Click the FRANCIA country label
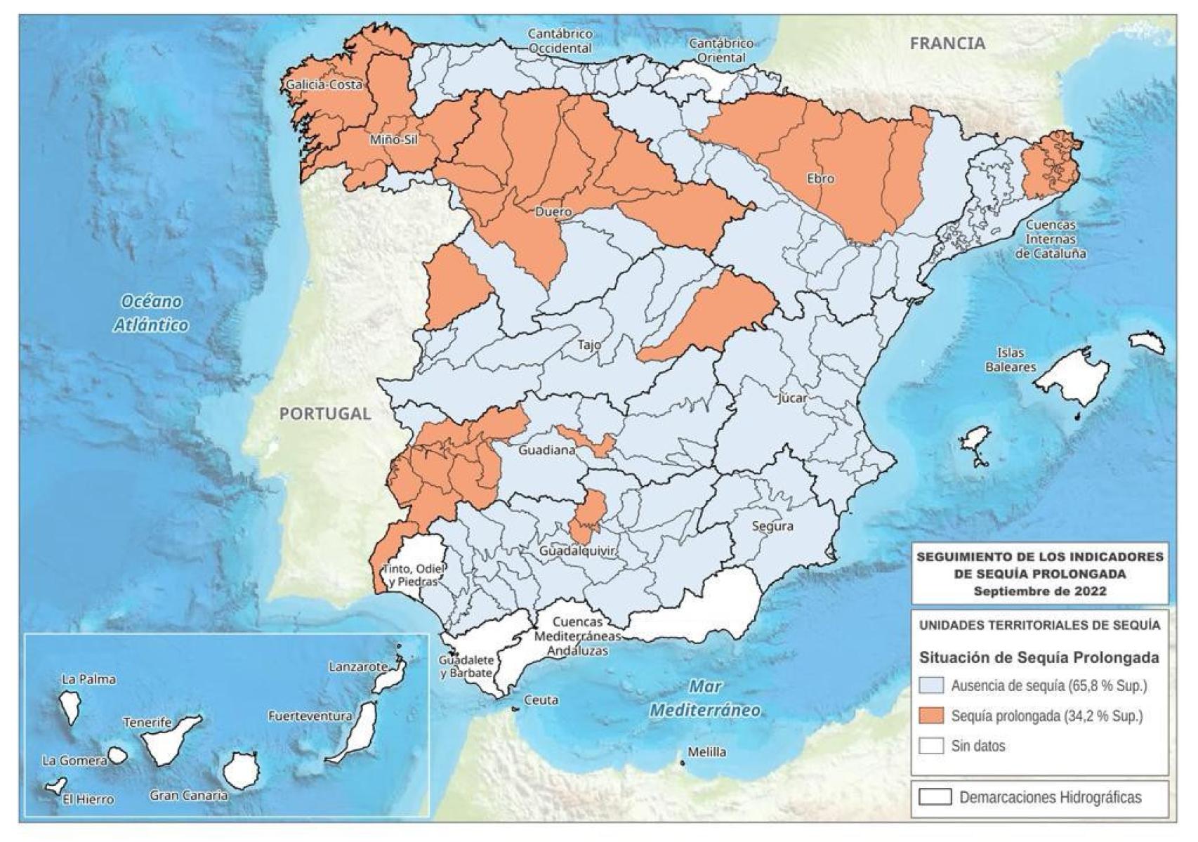click(947, 44)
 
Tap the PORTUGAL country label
click(324, 414)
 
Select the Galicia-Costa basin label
click(324, 85)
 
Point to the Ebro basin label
click(820, 178)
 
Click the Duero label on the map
click(553, 211)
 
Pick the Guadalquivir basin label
click(577, 551)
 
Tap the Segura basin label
click(772, 526)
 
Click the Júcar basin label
click(792, 398)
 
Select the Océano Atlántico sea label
click(151, 313)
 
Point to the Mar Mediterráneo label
click(704, 698)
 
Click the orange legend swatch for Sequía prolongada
click(931, 716)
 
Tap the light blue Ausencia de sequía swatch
click(931, 685)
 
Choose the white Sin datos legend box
click(931, 746)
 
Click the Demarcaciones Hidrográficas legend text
click(1050, 797)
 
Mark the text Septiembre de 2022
click(1039, 591)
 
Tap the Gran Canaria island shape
click(240, 770)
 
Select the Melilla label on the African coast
click(706, 752)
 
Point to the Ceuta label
click(541, 700)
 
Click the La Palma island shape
click(70, 706)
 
